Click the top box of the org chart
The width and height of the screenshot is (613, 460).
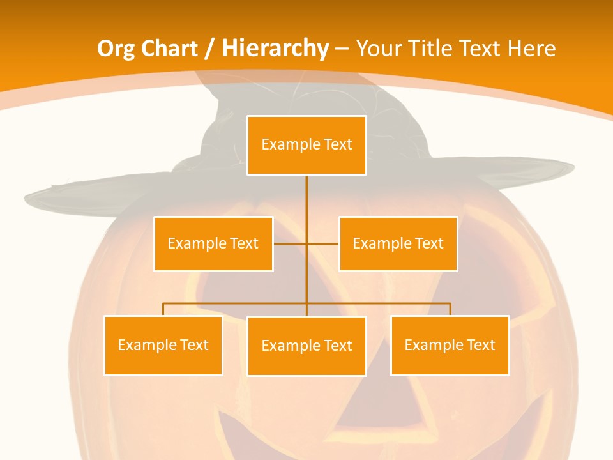(x=306, y=145)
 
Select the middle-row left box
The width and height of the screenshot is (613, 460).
(x=213, y=243)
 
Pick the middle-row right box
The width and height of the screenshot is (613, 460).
(x=398, y=243)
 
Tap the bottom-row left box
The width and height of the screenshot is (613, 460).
(x=163, y=345)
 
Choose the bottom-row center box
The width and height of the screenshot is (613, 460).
(x=306, y=346)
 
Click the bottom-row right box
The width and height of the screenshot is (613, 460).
(x=450, y=345)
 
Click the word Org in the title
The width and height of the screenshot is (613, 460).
(x=115, y=49)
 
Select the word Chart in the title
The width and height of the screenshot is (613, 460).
(x=168, y=49)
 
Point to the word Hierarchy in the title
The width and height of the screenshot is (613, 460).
(x=275, y=49)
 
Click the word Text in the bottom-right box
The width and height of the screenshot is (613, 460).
(x=481, y=345)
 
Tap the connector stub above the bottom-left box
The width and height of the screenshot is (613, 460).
(x=163, y=309)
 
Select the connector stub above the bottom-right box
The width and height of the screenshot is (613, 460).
(x=450, y=309)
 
